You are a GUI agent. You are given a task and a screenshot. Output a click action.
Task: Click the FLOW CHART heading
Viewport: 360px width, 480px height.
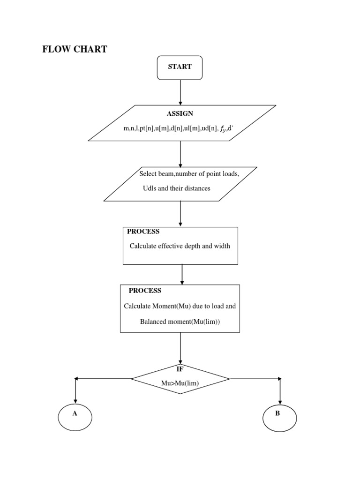click(75, 49)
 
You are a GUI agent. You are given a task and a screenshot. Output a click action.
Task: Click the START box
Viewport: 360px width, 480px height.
click(180, 67)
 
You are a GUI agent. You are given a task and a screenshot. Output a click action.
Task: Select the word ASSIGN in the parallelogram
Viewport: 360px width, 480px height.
click(180, 113)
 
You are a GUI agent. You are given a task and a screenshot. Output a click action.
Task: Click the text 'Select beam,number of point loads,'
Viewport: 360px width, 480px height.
click(189, 174)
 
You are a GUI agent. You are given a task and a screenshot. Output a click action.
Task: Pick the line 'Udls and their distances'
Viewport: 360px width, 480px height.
click(177, 188)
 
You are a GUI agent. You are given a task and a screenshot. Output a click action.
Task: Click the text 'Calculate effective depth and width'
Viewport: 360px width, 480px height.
click(180, 246)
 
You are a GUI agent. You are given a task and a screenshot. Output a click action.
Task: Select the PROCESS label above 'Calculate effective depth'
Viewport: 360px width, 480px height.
click(143, 232)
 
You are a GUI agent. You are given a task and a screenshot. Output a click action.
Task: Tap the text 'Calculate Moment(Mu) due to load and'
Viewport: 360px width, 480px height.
click(180, 306)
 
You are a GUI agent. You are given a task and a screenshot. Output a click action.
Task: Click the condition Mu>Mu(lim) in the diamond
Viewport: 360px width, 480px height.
click(180, 383)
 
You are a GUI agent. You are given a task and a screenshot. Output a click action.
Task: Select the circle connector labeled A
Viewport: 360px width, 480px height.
click(75, 414)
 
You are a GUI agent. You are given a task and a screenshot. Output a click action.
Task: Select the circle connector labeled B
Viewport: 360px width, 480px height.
click(280, 414)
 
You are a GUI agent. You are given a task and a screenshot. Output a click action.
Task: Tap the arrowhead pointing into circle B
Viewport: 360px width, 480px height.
click(280, 401)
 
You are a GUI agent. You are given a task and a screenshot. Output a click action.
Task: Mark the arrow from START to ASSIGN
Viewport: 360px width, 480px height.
click(180, 92)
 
